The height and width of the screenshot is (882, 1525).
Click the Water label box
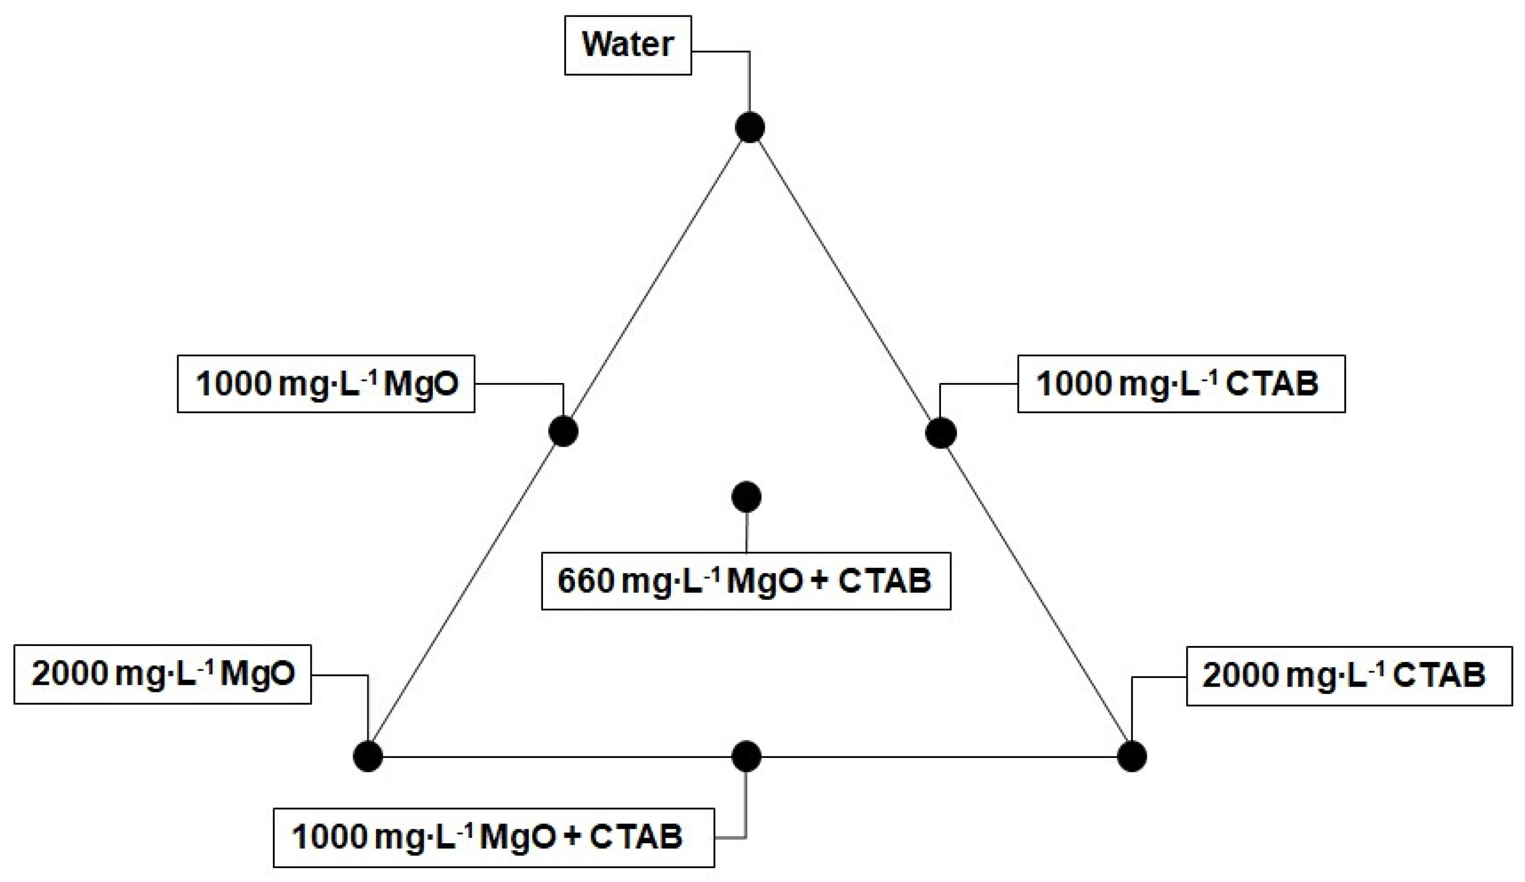(628, 45)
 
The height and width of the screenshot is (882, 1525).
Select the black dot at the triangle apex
(750, 128)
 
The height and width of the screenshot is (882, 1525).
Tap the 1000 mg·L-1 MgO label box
(326, 383)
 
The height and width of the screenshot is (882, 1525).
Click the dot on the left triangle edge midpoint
(563, 432)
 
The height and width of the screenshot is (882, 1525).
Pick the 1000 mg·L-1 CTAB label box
(1181, 383)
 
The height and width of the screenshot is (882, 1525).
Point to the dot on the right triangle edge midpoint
(941, 433)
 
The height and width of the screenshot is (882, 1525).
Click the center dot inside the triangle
(746, 496)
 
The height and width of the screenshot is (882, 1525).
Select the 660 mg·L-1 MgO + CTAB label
(745, 581)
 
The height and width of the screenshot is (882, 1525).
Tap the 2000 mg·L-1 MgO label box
(162, 674)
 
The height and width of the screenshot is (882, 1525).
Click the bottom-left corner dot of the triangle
(368, 757)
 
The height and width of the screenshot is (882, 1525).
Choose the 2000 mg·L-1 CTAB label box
(1349, 676)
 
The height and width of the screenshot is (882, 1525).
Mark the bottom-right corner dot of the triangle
(1132, 757)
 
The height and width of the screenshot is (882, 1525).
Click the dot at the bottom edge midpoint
(746, 756)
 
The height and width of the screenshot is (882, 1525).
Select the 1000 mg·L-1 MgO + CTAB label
(493, 837)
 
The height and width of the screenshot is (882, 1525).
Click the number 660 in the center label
(585, 581)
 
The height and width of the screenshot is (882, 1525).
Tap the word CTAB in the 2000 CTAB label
(1439, 676)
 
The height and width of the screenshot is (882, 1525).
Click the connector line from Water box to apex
(749, 79)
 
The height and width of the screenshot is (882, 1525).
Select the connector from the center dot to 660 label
(746, 533)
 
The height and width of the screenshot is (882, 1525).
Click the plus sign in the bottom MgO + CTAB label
(572, 837)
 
